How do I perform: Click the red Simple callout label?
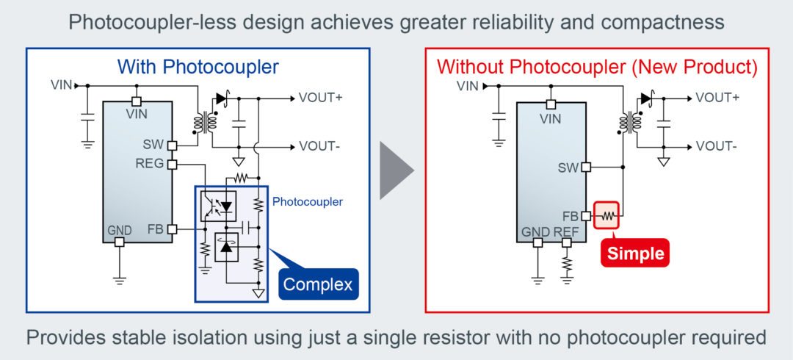point(636,253)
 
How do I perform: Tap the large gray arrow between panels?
point(396,171)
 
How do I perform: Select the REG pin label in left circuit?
point(149,164)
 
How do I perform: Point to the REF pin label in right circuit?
point(566,232)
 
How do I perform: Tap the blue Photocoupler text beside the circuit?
point(307,201)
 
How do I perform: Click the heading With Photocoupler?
point(198,67)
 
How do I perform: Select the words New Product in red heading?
point(695,67)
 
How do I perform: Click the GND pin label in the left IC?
point(119,230)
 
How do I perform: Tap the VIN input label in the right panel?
point(467,85)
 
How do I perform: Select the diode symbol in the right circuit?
point(646,98)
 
